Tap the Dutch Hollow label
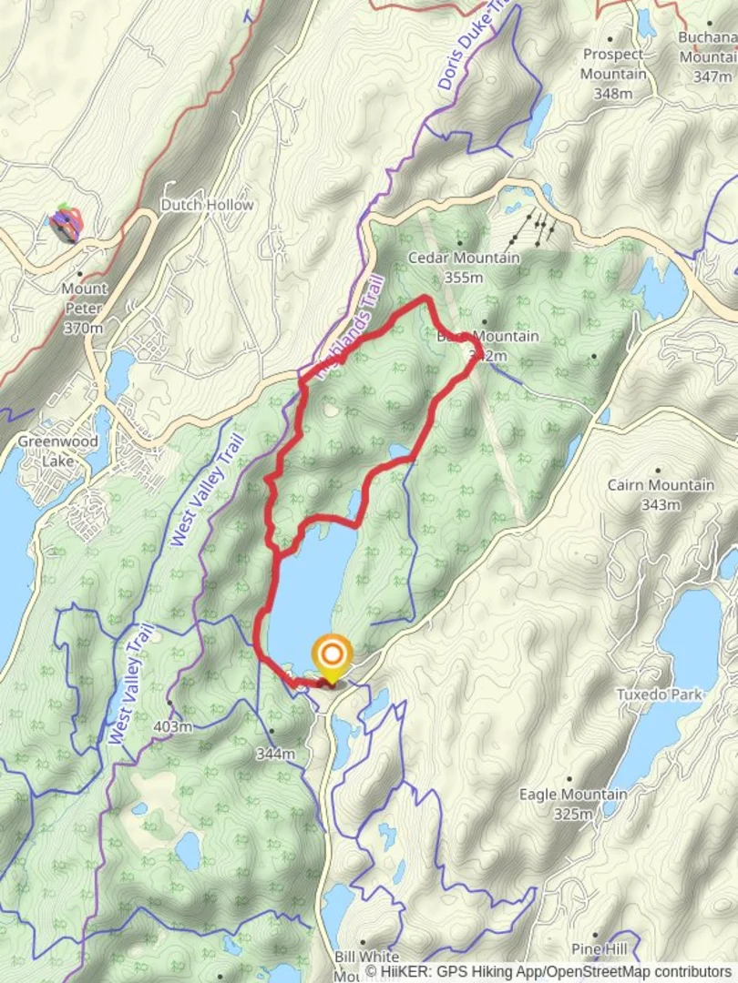pyautogui.click(x=207, y=205)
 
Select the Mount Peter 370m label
pyautogui.click(x=84, y=308)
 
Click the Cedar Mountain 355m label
pyautogui.click(x=464, y=267)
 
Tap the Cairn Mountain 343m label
pyautogui.click(x=661, y=494)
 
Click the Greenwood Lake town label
pyautogui.click(x=45, y=451)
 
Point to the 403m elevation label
pyautogui.click(x=173, y=726)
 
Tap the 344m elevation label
pyautogui.click(x=275, y=754)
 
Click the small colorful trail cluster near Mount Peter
pyautogui.click(x=66, y=223)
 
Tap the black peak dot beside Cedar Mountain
pyautogui.click(x=459, y=243)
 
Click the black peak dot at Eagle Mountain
pyautogui.click(x=569, y=780)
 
